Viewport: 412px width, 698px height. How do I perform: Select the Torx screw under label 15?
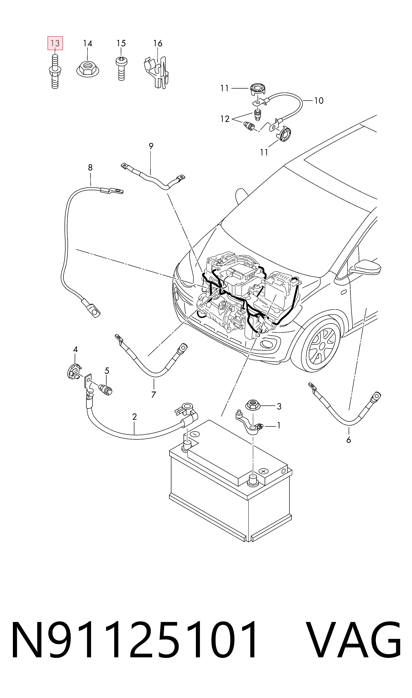pyautogui.click(x=121, y=68)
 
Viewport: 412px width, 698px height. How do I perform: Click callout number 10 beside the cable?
pyautogui.click(x=319, y=100)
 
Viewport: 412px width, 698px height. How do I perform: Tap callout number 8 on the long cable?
pyautogui.click(x=90, y=167)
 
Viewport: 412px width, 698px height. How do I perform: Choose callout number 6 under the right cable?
pyautogui.click(x=349, y=440)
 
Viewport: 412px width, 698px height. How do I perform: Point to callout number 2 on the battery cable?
pyautogui.click(x=135, y=417)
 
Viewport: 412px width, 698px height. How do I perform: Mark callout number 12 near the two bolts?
pyautogui.click(x=225, y=119)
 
